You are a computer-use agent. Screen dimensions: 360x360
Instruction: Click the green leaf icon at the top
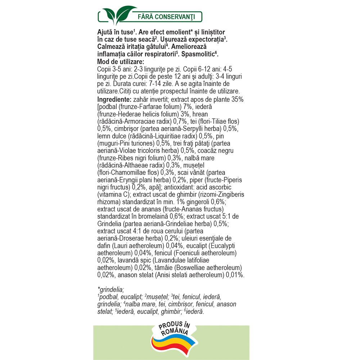pyautogui.click(x=114, y=17)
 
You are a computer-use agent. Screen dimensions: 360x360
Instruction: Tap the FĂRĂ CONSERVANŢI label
pyautogui.click(x=166, y=17)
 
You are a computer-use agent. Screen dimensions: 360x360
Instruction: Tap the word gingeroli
pyautogui.click(x=197, y=202)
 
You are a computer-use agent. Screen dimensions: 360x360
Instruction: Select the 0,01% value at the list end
pyautogui.click(x=235, y=275)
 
